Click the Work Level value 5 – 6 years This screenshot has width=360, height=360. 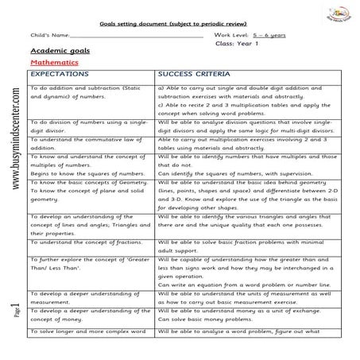pyautogui.click(x=269, y=37)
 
